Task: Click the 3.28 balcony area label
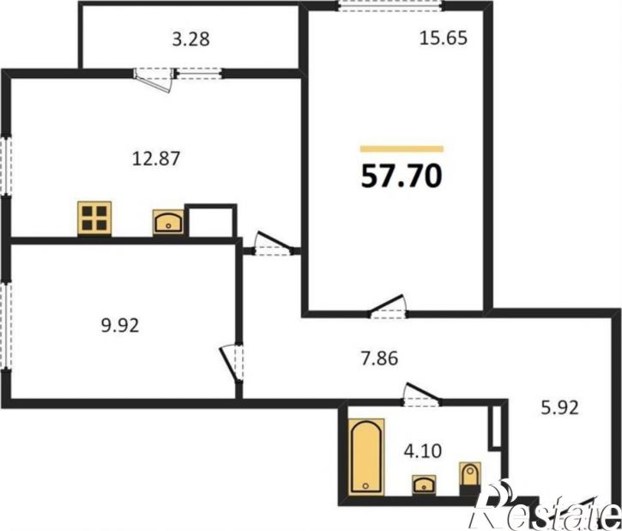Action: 190,39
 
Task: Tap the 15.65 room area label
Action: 444,38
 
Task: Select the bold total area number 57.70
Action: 402,176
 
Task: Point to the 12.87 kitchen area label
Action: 156,158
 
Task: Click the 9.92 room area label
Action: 120,326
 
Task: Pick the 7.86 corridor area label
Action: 379,358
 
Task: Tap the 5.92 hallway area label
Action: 559,407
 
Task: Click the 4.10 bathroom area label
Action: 422,451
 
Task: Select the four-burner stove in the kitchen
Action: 94,219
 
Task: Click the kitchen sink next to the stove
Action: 168,222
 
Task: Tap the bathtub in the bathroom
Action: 366,457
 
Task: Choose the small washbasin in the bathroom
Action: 424,485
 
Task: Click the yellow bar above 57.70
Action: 402,149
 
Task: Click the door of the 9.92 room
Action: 232,364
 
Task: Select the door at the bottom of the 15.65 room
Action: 388,307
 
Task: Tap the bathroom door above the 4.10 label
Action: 421,395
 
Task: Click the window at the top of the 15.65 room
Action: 390,5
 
